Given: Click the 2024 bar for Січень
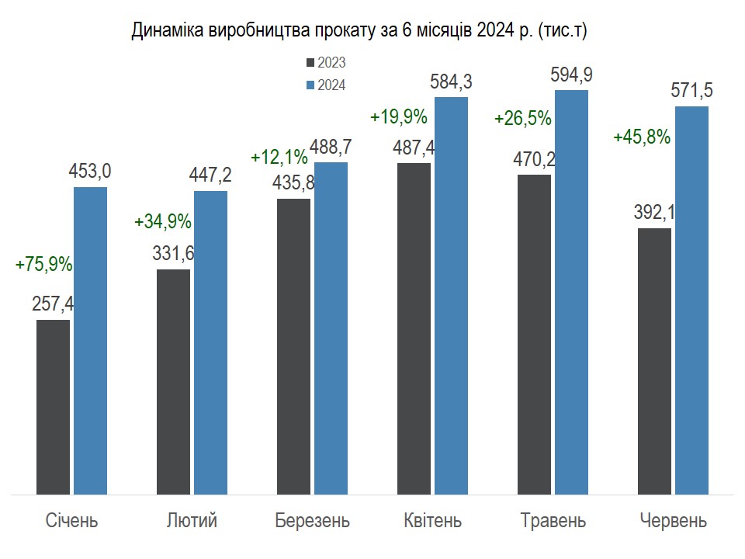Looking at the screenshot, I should click(90, 340).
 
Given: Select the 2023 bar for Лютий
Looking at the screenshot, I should click(173, 381).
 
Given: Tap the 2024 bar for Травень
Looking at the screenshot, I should click(571, 291).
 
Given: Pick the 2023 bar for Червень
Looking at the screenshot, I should click(654, 361).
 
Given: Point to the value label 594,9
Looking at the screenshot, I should click(571, 75).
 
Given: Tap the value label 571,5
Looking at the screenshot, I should click(691, 91).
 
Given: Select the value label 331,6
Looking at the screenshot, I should click(173, 254).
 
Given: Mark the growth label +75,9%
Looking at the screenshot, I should click(43, 264).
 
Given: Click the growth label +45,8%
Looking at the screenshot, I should click(641, 137).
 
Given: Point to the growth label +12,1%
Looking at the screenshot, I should click(279, 157).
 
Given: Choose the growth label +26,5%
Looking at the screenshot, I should click(522, 119).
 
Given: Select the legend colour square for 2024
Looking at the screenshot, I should click(311, 85).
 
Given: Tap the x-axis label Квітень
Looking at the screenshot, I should click(432, 520).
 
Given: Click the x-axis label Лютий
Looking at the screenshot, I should click(192, 520).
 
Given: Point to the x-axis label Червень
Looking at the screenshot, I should click(673, 520).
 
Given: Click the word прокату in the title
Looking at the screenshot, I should click(343, 30).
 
